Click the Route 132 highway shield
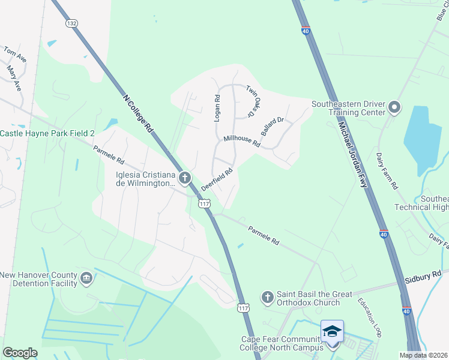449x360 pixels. [72, 23]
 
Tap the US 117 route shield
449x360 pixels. [204, 205]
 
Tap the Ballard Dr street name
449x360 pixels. [272, 127]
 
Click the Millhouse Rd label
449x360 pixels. [241, 142]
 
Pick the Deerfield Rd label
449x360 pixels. [217, 178]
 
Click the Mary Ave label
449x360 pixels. [14, 79]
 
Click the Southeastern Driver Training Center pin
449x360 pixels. [394, 107]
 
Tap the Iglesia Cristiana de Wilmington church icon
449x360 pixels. [185, 178]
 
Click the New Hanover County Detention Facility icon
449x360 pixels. [86, 278]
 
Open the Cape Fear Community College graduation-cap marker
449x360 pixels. [333, 331]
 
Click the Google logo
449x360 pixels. [20, 353]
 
